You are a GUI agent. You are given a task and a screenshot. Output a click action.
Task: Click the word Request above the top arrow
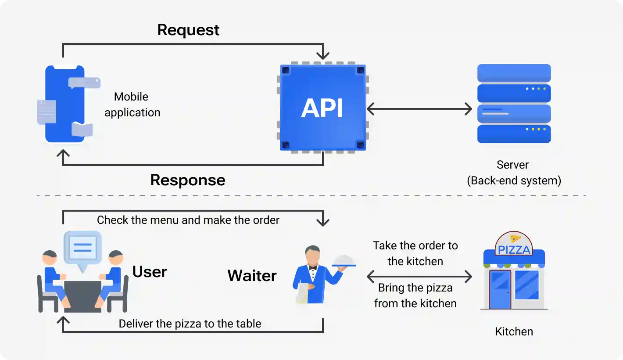[188, 30]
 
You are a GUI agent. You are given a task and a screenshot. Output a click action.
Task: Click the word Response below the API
[188, 180]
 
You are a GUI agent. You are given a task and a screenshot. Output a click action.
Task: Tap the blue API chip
[322, 108]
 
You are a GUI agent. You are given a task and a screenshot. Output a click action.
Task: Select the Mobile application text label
[132, 104]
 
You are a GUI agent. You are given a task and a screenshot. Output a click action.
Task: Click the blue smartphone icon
[64, 104]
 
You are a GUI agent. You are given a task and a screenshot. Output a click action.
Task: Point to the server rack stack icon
[514, 104]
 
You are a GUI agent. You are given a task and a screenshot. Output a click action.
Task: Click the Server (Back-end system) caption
[513, 173]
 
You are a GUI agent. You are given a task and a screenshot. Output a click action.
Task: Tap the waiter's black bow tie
[312, 267]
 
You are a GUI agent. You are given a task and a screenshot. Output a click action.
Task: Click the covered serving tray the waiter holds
[344, 261]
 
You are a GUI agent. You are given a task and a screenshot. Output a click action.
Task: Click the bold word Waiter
[252, 276]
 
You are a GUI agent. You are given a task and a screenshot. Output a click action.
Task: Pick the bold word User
[150, 272]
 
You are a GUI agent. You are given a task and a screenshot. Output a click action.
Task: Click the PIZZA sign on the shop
[514, 250]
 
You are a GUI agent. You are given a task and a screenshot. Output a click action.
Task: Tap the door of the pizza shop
[500, 289]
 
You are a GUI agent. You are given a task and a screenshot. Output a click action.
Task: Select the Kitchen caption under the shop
[514, 331]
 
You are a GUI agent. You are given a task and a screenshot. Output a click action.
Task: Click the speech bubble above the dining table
[82, 248]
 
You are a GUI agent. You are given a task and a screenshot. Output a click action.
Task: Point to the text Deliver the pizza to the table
[190, 324]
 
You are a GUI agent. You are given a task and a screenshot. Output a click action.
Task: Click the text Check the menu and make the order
[188, 220]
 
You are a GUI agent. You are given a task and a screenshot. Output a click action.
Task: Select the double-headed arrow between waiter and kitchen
[419, 277]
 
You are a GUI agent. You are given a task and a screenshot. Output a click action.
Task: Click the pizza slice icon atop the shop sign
[515, 238]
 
